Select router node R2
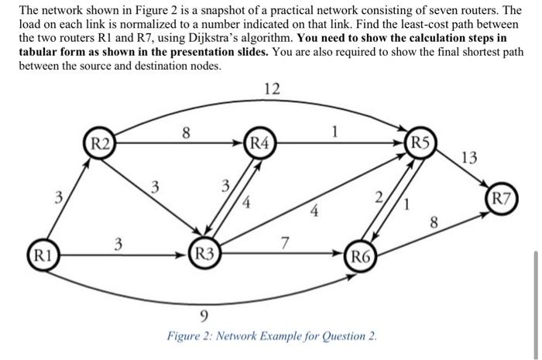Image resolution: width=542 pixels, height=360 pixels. [x=101, y=143]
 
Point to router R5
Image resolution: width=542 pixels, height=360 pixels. [x=420, y=142]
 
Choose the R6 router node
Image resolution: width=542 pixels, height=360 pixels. [x=362, y=256]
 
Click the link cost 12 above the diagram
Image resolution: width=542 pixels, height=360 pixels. [x=271, y=90]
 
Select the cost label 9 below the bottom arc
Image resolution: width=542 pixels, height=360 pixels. [x=203, y=314]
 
